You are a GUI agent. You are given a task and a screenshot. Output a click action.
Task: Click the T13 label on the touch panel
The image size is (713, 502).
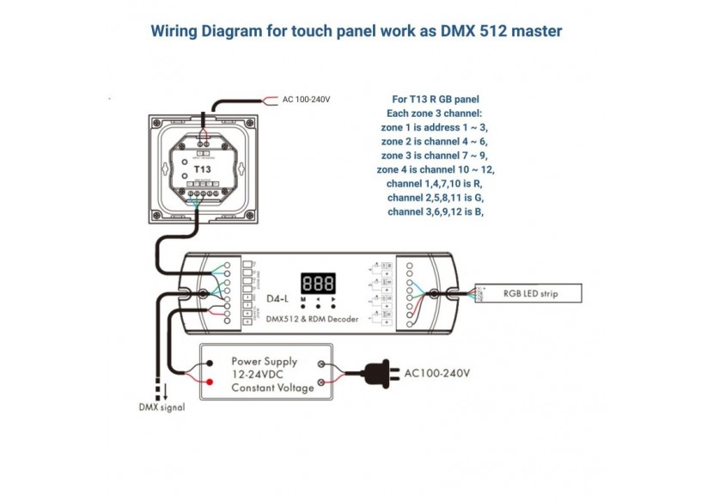tap(202, 169)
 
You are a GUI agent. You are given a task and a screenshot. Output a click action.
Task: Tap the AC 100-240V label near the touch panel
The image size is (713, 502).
tap(306, 100)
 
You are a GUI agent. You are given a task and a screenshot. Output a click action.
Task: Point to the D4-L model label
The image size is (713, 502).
tap(277, 299)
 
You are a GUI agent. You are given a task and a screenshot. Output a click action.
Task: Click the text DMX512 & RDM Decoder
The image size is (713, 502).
tap(313, 319)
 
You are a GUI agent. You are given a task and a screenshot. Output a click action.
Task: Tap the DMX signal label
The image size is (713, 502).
tap(161, 407)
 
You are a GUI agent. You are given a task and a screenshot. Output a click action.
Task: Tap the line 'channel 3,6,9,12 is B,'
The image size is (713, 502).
tap(435, 211)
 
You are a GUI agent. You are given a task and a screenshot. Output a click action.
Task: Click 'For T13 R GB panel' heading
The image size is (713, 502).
tap(435, 99)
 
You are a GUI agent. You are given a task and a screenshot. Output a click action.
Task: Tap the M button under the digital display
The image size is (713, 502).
tap(303, 300)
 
